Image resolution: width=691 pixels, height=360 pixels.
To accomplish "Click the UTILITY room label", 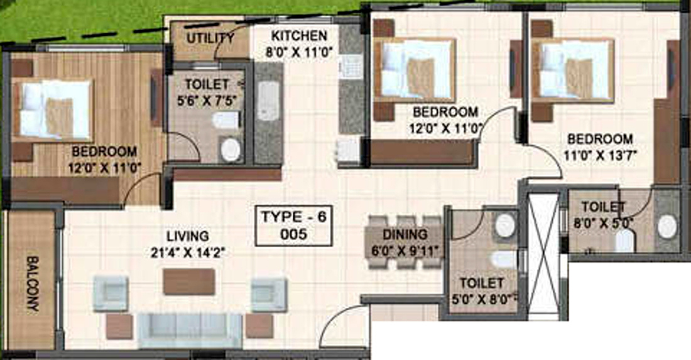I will [210, 38].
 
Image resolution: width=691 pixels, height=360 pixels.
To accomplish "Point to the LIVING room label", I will [187, 236].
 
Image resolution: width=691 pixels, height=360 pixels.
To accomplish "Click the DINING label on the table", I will [405, 234].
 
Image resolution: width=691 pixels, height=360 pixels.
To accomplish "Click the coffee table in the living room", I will [189, 281].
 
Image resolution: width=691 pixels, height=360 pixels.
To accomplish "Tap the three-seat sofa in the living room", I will [190, 329].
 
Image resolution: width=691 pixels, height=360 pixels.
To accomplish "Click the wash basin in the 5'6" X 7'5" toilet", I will [230, 149].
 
